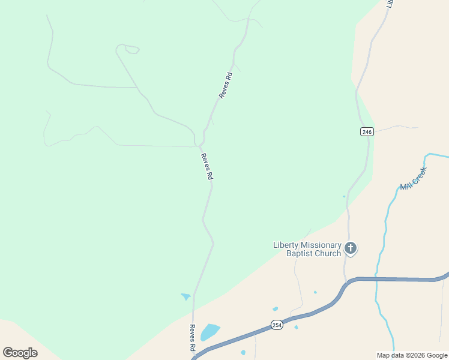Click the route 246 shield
tap(367, 132)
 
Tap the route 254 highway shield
tap(276, 325)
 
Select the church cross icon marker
tap(351, 247)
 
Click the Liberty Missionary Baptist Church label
tap(307, 249)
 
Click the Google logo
tap(20, 352)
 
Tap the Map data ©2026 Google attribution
tap(412, 355)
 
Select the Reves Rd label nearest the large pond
tap(193, 338)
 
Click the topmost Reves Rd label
tap(226, 85)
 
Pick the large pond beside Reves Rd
tap(209, 331)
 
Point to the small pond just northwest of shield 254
tap(275, 310)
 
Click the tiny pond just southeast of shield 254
tap(296, 327)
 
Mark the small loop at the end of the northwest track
tap(128, 48)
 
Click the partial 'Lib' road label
tap(390, 4)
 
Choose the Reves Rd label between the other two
tap(207, 167)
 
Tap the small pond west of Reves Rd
tap(185, 296)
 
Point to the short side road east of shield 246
tap(396, 127)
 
